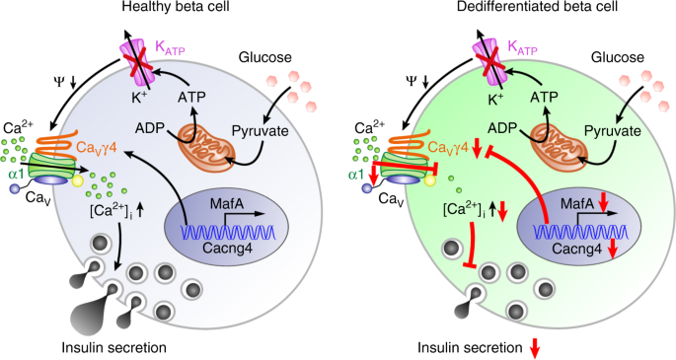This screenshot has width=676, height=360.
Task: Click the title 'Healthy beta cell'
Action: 171,9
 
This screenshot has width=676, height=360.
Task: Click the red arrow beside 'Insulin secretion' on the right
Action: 535,347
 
